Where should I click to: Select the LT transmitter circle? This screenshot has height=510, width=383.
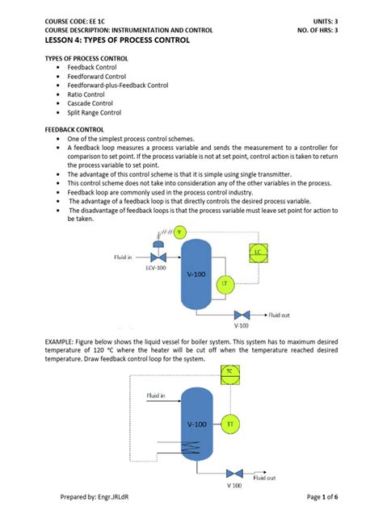[x=223, y=282]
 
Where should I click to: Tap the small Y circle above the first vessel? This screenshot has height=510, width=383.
[x=180, y=232]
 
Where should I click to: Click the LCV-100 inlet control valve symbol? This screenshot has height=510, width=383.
[x=154, y=257]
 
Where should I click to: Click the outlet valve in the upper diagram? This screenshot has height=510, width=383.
[x=242, y=314]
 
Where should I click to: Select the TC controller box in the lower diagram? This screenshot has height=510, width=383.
[x=229, y=372]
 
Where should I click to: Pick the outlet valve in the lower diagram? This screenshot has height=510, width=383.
[x=234, y=473]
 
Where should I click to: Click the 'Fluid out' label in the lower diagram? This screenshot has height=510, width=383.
[x=264, y=478]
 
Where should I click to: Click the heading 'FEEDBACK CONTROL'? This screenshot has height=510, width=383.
[x=73, y=128]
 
